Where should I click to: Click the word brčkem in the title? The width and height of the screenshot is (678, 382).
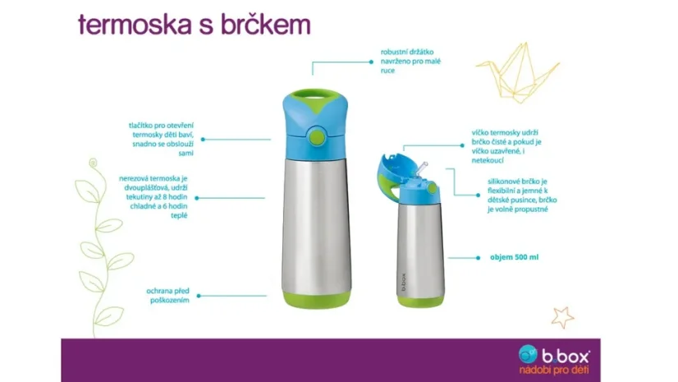[266, 25]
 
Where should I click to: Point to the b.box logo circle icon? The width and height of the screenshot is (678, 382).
[529, 354]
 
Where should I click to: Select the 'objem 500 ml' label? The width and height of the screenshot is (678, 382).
[515, 257]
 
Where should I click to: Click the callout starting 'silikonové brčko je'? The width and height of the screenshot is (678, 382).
[520, 194]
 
